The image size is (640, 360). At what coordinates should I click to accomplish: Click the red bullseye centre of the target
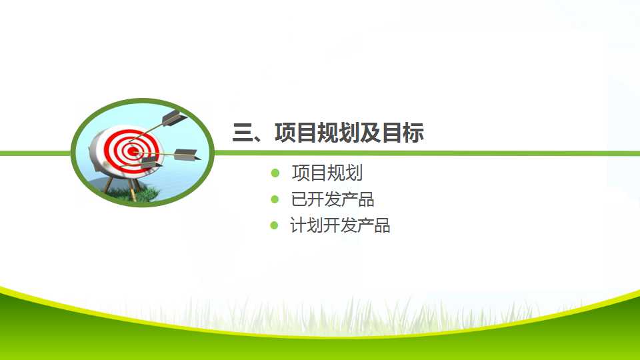coord(132,151)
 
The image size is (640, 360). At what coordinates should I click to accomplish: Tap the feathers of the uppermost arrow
coord(174,117)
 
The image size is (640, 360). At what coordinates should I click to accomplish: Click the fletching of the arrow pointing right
coord(187,155)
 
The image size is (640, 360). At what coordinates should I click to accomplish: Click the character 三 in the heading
coord(243,133)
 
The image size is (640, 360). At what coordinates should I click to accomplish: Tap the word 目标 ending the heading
coord(403,133)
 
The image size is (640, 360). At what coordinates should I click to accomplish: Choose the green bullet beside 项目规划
coord(275,173)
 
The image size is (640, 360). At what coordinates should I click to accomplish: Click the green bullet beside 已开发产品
coord(275,199)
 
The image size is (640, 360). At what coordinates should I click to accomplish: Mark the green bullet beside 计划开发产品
coord(274,225)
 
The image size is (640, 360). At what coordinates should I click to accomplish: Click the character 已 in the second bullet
coord(299,199)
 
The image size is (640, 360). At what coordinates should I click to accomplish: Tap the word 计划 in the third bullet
coord(307,225)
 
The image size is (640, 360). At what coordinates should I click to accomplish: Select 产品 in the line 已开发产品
coord(357,199)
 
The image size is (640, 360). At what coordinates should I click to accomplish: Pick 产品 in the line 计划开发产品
coord(373,225)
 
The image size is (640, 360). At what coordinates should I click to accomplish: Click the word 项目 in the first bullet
coord(309,173)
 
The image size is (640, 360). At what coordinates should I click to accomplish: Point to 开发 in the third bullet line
coord(340,225)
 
